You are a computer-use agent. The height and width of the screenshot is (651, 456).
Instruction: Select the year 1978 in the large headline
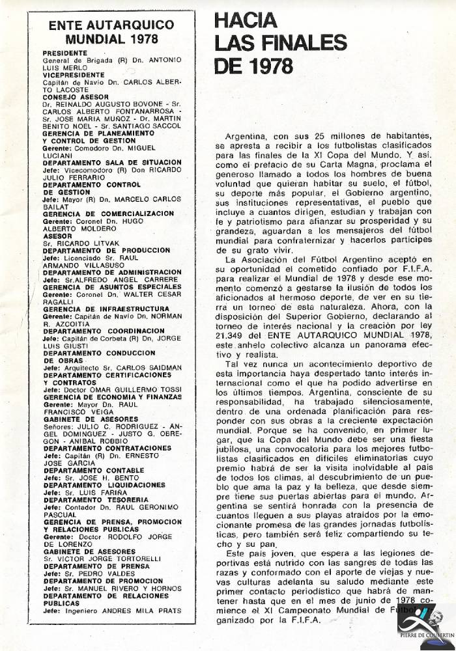click(x=267, y=65)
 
